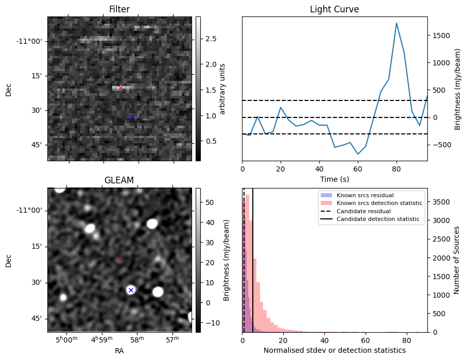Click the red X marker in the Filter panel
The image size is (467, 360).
click(120, 88)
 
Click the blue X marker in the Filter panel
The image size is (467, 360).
click(132, 117)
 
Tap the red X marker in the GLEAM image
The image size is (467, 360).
click(119, 260)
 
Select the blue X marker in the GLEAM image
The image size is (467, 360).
click(131, 290)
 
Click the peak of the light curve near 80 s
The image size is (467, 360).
click(396, 23)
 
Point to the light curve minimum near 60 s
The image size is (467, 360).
click(358, 154)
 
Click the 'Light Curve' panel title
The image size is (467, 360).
click(335, 9)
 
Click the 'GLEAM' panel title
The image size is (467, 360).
click(119, 180)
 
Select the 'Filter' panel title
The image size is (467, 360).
click(119, 9)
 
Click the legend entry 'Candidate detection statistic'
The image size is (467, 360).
click(378, 219)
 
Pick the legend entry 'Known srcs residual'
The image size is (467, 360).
click(365, 195)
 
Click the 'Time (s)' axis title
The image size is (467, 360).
click(335, 179)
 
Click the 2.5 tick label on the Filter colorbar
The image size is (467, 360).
click(211, 39)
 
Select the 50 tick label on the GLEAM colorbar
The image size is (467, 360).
click(210, 202)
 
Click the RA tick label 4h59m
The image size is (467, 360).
click(102, 339)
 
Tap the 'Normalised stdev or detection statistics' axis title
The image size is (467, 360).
click(335, 350)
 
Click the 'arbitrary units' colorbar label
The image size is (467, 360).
click(222, 89)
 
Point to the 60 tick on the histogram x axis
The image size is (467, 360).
click(366, 340)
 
